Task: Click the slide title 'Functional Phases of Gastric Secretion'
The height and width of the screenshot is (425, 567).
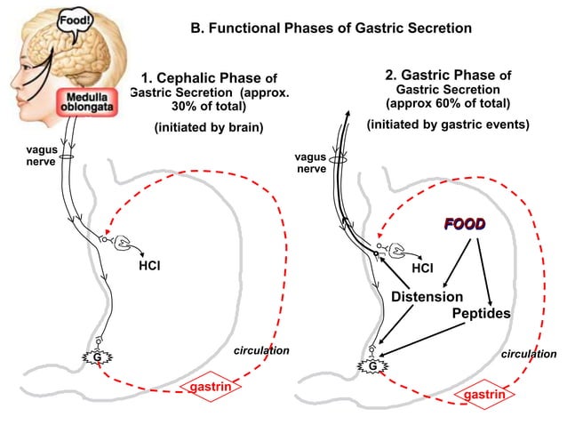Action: [331, 28]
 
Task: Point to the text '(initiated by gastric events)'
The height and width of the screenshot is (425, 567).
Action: [448, 124]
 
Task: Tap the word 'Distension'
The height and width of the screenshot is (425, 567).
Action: [427, 295]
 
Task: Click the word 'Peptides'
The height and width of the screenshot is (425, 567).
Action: [481, 314]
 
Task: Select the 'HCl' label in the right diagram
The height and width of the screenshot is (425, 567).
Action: [424, 266]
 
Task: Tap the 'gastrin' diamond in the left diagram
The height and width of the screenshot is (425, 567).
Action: [212, 387]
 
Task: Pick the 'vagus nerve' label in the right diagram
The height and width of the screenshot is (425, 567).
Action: [310, 162]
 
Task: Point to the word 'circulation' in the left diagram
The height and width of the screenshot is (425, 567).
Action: [260, 350]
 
